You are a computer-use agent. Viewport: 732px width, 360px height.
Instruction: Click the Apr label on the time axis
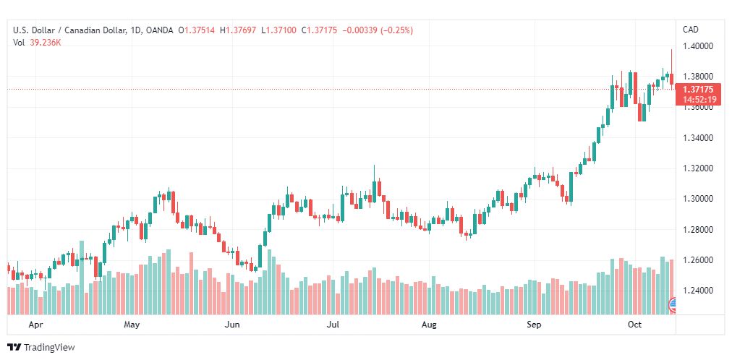tap(35, 325)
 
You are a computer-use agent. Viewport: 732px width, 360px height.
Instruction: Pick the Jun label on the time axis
tap(232, 325)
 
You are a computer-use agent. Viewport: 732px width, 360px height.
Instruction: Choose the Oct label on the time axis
tap(634, 325)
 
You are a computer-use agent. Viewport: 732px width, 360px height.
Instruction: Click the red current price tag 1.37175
tap(697, 89)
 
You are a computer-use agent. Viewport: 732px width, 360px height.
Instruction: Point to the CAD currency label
tap(691, 30)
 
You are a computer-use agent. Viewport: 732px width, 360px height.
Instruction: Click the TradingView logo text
tap(49, 348)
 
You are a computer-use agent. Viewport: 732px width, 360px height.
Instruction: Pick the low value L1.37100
tap(278, 30)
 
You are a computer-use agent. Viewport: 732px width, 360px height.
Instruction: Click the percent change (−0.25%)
tap(397, 30)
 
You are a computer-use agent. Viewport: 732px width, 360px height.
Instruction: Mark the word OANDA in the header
tap(159, 30)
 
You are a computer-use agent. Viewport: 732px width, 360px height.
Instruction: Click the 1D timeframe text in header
tap(136, 30)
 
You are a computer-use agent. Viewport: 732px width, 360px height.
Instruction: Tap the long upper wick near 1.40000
tap(671, 61)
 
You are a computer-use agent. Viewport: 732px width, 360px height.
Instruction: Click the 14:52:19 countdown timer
tap(697, 99)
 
